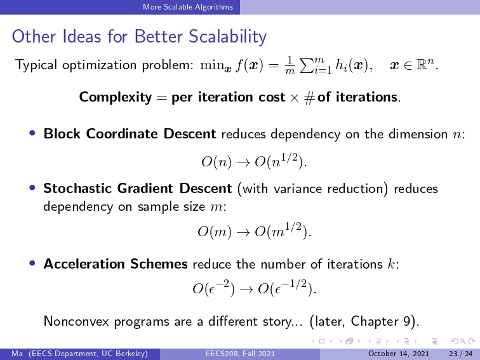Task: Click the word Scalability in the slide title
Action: point(227,37)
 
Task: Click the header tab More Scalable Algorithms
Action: point(188,7)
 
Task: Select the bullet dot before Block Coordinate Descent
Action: point(32,133)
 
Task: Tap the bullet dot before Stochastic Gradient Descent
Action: point(32,188)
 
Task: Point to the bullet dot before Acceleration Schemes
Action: point(32,263)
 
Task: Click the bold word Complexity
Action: point(116,97)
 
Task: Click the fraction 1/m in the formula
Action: point(290,65)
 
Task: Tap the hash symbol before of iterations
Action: point(309,98)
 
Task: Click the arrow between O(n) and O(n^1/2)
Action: point(243,163)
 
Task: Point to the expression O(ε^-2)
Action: point(214,288)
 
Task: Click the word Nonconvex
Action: point(76,321)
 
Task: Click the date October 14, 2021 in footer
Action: point(398,354)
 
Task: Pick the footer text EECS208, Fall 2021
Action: point(240,354)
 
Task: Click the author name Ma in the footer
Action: point(17,354)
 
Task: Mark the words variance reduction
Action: point(328,189)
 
